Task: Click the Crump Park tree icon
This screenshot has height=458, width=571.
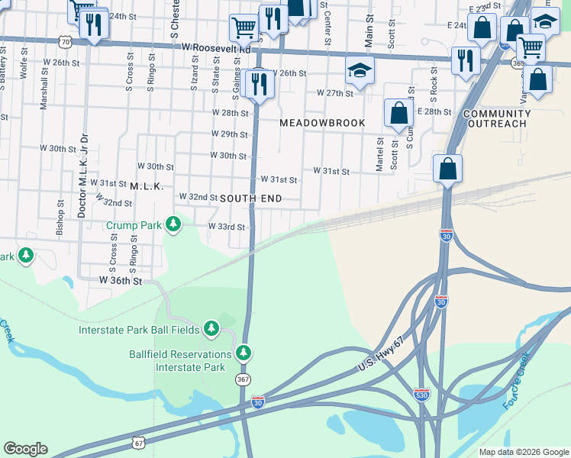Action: click(x=174, y=224)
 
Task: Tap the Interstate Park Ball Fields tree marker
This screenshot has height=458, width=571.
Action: click(x=212, y=330)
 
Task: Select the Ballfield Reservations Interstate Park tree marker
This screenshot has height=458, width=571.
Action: click(x=244, y=353)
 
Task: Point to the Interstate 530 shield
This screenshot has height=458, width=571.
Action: click(x=421, y=395)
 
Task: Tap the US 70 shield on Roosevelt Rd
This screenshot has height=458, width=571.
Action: click(x=66, y=42)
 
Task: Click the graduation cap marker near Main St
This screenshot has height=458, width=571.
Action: click(x=360, y=70)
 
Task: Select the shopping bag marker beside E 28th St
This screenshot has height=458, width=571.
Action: click(x=398, y=113)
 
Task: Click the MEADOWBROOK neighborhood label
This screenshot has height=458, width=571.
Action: click(x=322, y=123)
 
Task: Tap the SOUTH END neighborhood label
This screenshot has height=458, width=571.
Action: click(x=251, y=198)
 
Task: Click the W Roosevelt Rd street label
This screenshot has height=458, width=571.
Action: click(x=217, y=47)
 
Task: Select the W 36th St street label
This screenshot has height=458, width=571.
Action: click(x=121, y=281)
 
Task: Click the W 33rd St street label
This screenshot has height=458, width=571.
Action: click(x=226, y=227)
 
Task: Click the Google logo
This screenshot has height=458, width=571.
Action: click(x=25, y=449)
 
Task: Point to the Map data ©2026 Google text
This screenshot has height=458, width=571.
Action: click(x=523, y=452)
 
